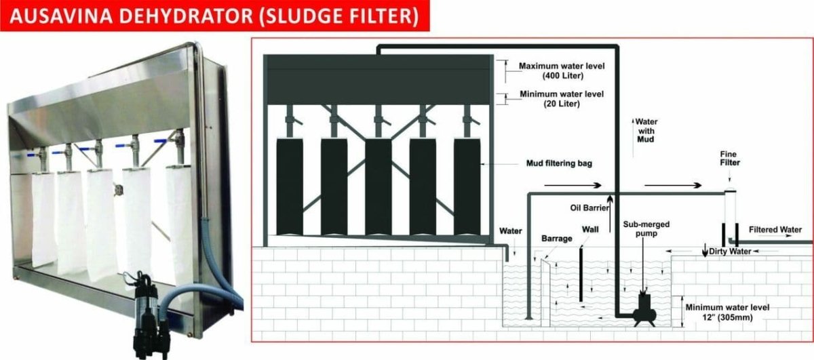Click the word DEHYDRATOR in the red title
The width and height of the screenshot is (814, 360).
[x=186, y=16]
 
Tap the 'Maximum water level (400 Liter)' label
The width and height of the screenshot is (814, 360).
[x=562, y=71]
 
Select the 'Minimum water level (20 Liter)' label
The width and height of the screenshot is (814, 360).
[x=562, y=99]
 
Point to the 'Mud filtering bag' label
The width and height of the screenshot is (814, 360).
[x=559, y=163]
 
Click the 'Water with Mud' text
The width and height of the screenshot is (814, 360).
[x=646, y=130]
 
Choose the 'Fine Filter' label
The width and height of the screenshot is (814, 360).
[x=729, y=159]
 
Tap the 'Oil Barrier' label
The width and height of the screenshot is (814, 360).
[x=589, y=207]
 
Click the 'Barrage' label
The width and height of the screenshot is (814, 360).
[x=557, y=239]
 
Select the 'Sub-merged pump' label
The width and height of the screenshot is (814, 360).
[x=646, y=229]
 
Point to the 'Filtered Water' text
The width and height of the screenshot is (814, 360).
[x=775, y=230]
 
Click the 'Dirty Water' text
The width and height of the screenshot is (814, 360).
[x=730, y=252]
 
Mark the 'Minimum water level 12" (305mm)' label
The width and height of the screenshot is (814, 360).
[x=727, y=313]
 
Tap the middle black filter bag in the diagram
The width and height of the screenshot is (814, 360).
[x=379, y=186]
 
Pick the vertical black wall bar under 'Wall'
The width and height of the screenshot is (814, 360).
[x=581, y=275]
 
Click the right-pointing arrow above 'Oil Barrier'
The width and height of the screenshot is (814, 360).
[x=573, y=185]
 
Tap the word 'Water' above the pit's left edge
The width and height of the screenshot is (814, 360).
[x=510, y=231]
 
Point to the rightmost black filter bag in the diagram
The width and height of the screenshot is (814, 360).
[x=467, y=186]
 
